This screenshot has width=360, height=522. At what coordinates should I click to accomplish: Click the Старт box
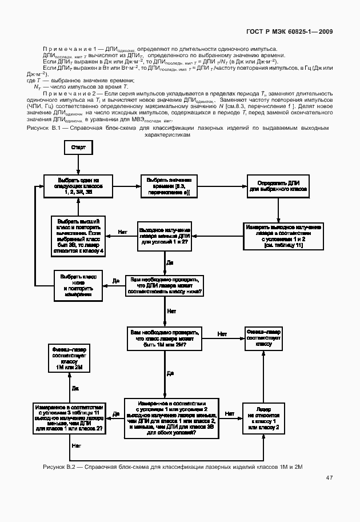coord(79,148)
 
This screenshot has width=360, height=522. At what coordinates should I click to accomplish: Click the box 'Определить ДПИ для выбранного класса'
coord(278,186)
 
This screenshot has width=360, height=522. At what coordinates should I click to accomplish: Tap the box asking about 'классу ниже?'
coord(166,284)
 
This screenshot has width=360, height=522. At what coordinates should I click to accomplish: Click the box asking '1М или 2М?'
coord(166,338)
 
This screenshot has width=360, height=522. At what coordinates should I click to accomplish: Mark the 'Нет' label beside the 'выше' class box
coord(121,232)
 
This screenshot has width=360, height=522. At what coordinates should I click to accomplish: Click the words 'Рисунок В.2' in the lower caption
coord(59,467)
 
